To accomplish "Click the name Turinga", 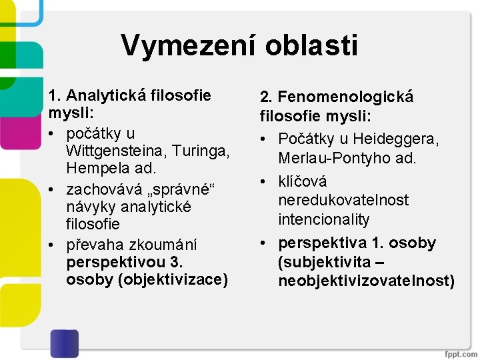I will (x=204, y=151).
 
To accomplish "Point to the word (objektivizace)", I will (x=173, y=279).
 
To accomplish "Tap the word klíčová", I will (x=303, y=181).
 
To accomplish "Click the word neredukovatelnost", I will (x=343, y=200).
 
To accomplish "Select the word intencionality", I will (x=325, y=219).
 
